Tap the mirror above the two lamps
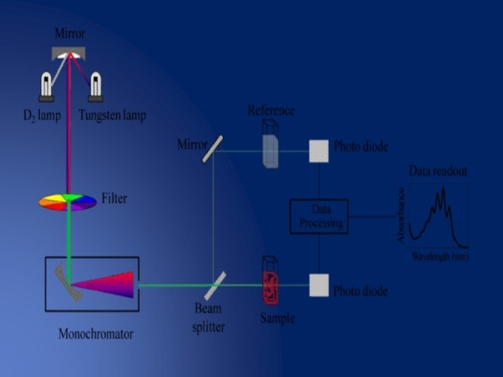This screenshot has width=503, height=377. click(70, 53)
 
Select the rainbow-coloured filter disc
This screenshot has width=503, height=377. click(68, 202)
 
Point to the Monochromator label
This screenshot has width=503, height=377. click(95, 334)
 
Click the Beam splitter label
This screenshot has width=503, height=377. click(207, 318)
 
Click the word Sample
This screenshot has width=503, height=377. click(277, 318)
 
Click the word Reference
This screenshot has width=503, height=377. click(271, 110)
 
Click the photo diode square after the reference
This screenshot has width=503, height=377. click(319, 150)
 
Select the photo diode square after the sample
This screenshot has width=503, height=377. click(319, 285)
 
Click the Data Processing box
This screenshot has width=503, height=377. click(319, 217)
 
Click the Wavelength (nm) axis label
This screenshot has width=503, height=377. click(440, 258)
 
